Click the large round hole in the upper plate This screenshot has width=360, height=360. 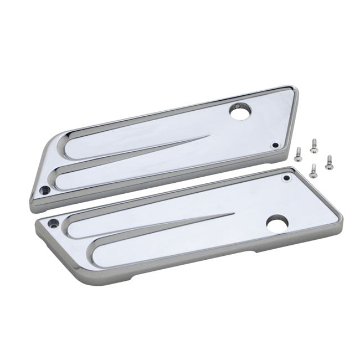(x=240, y=115)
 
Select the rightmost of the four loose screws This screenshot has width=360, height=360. (x=329, y=160)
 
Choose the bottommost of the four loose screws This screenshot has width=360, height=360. (x=313, y=167)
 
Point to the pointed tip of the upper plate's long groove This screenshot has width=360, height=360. (x=211, y=136)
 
